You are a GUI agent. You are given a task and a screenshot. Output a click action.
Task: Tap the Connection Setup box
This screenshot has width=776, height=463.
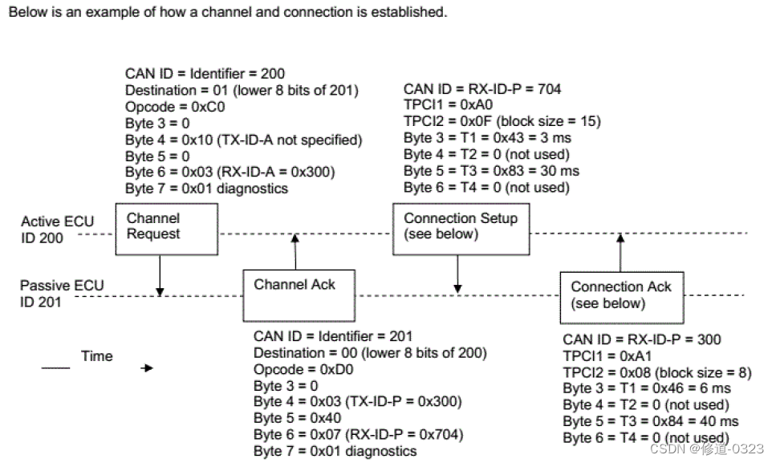pos(461,229)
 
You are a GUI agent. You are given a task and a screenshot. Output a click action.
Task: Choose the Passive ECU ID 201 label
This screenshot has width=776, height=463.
pos(51,293)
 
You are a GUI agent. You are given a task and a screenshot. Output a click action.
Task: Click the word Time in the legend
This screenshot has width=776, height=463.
pos(97,356)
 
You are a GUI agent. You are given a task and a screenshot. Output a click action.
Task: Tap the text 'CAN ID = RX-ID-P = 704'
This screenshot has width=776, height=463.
pos(482,89)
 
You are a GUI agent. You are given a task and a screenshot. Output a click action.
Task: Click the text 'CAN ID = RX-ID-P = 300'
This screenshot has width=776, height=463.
pos(642,339)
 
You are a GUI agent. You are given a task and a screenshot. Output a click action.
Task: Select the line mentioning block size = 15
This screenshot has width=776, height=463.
pos(502,122)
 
